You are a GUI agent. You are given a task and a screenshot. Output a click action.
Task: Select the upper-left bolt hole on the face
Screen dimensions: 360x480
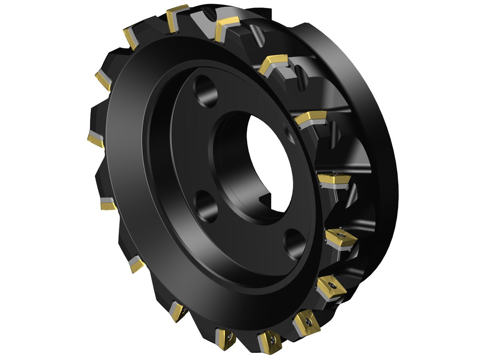coord(205,91)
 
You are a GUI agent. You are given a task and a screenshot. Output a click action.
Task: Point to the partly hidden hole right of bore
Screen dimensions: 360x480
coord(289,132)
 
